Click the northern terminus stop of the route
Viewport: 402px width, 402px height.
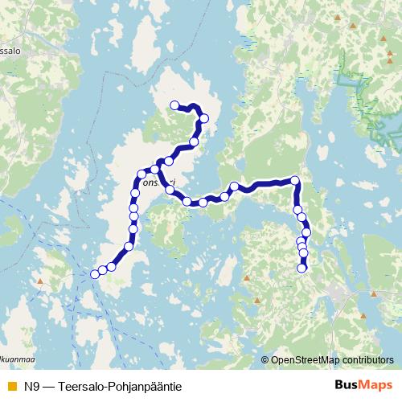(174, 105)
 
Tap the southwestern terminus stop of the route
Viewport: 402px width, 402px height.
(95, 274)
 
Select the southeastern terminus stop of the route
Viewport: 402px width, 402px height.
(302, 269)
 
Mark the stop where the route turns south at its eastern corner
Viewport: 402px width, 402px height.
(294, 180)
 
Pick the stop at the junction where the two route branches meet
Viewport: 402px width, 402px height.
(156, 169)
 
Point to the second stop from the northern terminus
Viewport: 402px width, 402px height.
(204, 118)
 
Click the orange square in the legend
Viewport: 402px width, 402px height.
(10, 385)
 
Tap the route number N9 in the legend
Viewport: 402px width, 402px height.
(31, 385)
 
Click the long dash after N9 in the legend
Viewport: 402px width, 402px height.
(51, 385)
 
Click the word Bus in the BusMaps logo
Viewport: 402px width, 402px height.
(347, 384)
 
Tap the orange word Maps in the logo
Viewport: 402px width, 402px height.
(374, 384)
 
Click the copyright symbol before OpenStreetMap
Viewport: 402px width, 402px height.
(265, 360)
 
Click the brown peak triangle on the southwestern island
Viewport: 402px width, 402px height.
(38, 282)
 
